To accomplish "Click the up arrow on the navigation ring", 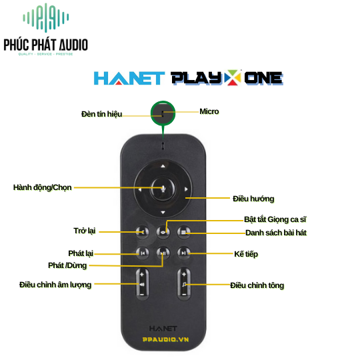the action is (163, 166).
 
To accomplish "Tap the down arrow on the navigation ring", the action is (163, 213).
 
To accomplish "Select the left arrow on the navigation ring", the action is (140, 189).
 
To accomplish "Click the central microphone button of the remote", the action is (163, 189).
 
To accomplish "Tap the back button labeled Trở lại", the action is (143, 232).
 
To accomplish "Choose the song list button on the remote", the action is (184, 232).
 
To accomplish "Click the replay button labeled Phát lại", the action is (143, 253).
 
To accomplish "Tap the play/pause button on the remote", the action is (163, 253).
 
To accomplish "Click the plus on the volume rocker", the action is (142, 274).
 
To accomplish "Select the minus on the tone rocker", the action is (184, 294).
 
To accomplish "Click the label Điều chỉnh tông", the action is (257, 285).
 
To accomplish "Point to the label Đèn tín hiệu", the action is (102, 114).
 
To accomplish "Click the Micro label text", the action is (209, 111).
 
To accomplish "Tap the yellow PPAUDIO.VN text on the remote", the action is (165, 339).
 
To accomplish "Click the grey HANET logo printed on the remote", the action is (163, 329).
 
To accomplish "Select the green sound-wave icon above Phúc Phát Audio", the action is (46, 17).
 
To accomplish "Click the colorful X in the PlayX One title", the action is (233, 77).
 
